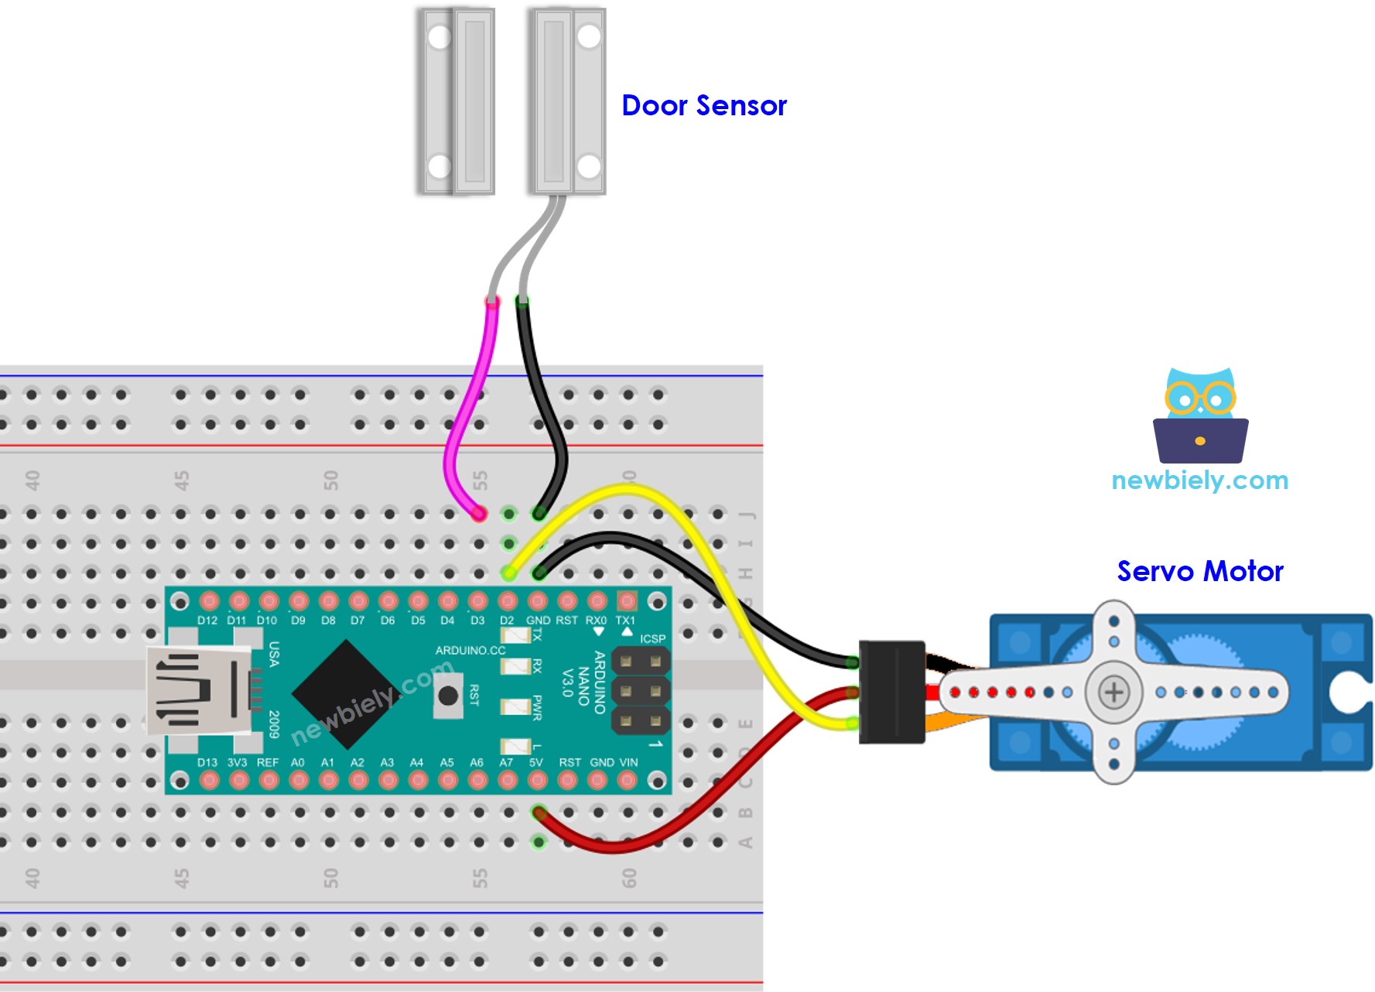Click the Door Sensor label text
click(703, 105)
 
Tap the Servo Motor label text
click(1199, 571)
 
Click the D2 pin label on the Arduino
click(507, 621)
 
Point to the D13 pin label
click(207, 762)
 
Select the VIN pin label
click(628, 762)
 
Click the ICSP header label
click(652, 638)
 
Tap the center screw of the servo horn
click(1113, 692)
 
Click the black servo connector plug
click(892, 692)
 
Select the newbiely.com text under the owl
click(1199, 481)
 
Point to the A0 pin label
click(298, 762)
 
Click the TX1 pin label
click(625, 621)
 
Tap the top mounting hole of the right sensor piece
click(588, 36)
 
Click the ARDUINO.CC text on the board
click(470, 650)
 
